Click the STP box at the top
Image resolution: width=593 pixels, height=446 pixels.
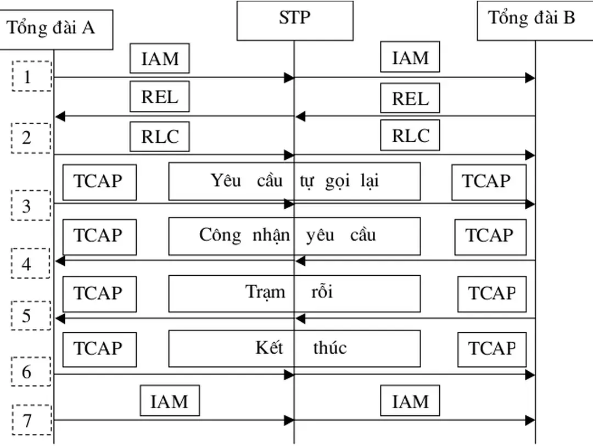coord(294,20)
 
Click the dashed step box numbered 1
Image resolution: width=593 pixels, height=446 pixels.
coord(31,76)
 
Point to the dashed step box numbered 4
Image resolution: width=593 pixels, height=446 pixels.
coord(30,264)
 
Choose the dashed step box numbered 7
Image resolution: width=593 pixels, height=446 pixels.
coord(31,420)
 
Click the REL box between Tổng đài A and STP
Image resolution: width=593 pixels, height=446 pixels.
coord(159,97)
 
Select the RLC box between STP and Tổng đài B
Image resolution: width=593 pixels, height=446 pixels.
coord(410,135)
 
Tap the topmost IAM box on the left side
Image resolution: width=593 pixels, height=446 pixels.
coord(159,58)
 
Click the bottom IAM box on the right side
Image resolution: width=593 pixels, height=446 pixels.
coord(410,401)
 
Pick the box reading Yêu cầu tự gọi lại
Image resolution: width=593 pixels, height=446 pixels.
coord(294,181)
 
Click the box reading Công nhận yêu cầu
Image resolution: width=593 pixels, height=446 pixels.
coord(294,236)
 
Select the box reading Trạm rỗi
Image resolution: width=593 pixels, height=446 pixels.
coord(294,293)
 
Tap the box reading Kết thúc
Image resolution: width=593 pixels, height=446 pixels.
coord(294,348)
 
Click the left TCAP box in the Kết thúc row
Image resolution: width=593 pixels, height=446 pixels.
coord(99,349)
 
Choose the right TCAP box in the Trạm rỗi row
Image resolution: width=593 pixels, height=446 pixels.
coord(492,293)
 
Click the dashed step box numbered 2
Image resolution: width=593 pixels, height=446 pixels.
coord(30,137)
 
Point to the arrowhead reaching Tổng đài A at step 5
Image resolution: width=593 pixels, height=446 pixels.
coord(60,319)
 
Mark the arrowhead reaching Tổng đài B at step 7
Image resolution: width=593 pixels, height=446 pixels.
coord(530,421)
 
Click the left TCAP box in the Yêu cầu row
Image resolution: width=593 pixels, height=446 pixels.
coord(99,181)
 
